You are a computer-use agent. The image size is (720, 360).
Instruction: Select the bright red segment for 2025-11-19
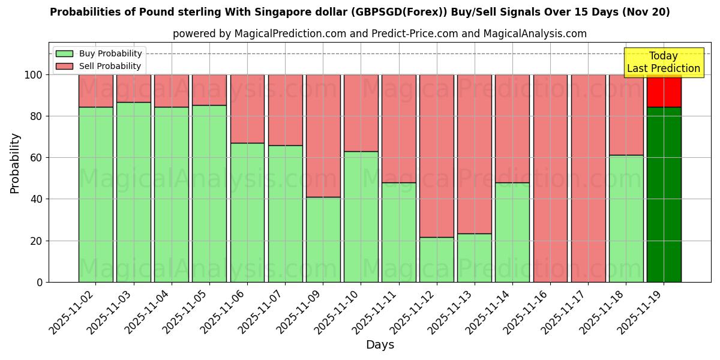pyautogui.click(x=664, y=91)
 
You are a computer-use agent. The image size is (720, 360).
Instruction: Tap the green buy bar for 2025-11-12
pyautogui.click(x=436, y=259)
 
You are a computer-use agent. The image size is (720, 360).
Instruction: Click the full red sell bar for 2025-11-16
pyautogui.click(x=550, y=178)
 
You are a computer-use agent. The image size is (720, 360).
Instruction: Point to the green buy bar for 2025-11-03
pyautogui.click(x=133, y=192)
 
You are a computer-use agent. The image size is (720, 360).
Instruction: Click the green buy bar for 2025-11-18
pyautogui.click(x=626, y=218)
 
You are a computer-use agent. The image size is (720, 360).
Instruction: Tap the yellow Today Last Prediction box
pyautogui.click(x=663, y=62)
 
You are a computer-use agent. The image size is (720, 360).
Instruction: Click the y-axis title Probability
pyautogui.click(x=15, y=163)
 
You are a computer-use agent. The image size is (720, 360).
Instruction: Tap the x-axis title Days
pyautogui.click(x=380, y=345)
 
